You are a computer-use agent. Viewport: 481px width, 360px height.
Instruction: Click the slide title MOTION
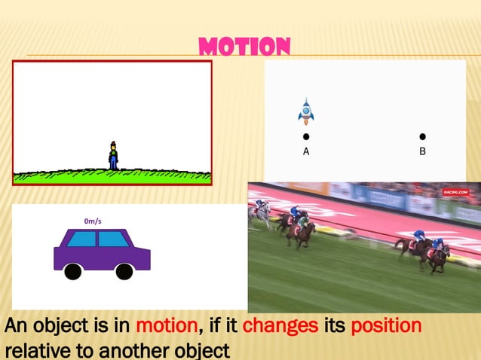click(244, 47)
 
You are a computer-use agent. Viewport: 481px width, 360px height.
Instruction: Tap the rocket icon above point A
click(305, 111)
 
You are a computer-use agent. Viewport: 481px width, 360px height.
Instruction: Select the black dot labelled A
click(306, 137)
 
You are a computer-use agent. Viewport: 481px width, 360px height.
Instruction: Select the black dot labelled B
click(422, 137)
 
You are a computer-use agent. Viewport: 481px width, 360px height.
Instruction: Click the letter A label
click(306, 151)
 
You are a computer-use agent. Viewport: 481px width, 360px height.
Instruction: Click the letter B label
click(422, 151)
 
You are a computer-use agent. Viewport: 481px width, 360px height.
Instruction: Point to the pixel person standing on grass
click(113, 156)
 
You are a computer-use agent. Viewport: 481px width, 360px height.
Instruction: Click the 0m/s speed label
click(93, 221)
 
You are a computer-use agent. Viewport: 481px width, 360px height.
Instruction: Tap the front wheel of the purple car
click(124, 271)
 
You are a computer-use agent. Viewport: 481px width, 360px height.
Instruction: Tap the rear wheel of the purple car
click(73, 271)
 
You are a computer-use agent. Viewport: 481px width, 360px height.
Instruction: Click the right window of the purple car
click(113, 239)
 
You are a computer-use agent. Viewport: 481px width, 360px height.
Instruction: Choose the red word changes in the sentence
click(280, 328)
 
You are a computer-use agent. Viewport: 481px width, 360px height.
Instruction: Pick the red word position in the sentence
click(384, 328)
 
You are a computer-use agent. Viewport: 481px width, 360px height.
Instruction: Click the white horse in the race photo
click(261, 213)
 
